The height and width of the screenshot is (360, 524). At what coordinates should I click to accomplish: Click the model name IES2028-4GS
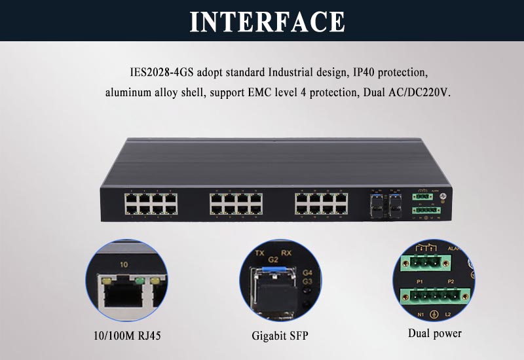coord(159,71)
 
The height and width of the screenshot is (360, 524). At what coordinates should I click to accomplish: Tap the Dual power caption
coord(434,333)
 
